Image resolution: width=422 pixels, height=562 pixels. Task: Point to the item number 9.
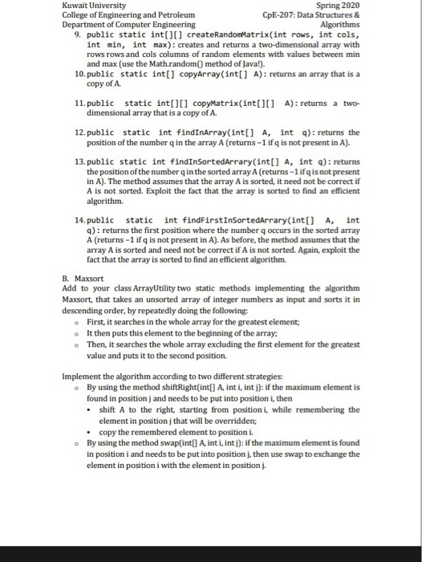click(x=75, y=36)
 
